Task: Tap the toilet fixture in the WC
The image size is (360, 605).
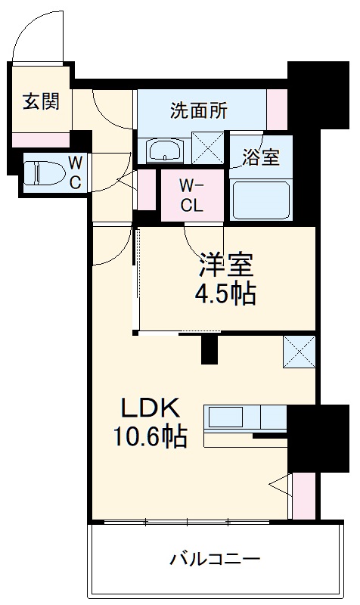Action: [x=39, y=172]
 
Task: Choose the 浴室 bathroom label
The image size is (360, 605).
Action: [x=261, y=157]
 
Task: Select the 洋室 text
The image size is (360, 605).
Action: [x=225, y=267]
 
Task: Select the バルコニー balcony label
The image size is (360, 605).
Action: [x=215, y=560]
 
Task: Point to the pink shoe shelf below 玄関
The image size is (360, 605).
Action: [x=40, y=140]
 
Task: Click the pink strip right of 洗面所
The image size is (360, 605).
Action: [x=277, y=110]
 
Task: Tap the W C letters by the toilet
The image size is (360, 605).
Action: [x=76, y=172]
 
